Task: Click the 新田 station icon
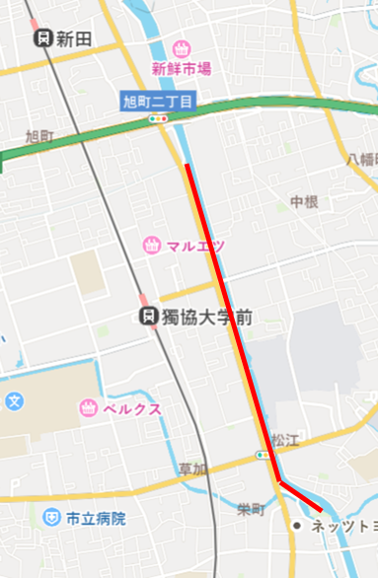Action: (42, 38)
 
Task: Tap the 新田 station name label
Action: (74, 38)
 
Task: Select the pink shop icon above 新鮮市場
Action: (182, 48)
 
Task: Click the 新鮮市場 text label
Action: (182, 69)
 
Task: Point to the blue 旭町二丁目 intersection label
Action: (157, 101)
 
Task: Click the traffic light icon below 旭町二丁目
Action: (157, 117)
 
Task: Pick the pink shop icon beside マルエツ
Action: (152, 245)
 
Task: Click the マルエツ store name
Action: (195, 246)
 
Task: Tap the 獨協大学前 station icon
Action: (146, 317)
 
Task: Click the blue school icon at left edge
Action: (14, 402)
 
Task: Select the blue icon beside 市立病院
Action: (51, 517)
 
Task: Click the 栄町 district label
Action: (251, 510)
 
